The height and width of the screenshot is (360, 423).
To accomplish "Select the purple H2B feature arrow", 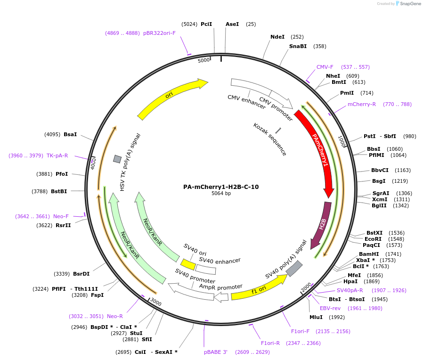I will click(322, 224).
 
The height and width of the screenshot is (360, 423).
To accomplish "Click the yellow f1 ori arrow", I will click(259, 288).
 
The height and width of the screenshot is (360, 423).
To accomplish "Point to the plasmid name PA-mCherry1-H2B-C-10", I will click(221, 187).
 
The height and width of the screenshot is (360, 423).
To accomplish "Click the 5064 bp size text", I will click(221, 194).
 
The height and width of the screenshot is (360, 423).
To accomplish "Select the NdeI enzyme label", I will click(277, 37).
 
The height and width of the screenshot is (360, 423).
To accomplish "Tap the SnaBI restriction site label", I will click(298, 46).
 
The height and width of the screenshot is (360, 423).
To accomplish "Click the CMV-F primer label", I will click(325, 67).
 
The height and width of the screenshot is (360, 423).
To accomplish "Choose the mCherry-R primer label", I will click(362, 104).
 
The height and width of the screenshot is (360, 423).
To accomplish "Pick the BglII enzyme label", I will click(379, 205).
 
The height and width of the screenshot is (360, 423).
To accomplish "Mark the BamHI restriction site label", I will click(368, 254).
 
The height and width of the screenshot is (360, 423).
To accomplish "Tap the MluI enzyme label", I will click(316, 317).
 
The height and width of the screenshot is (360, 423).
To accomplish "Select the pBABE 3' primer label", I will click(216, 352).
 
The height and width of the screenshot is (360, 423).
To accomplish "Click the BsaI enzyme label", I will click(70, 134).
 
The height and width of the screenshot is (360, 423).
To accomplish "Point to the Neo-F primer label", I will click(61, 216).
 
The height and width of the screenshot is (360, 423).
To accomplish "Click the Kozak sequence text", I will click(269, 139).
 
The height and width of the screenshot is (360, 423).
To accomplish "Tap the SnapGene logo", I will click(408, 4).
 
